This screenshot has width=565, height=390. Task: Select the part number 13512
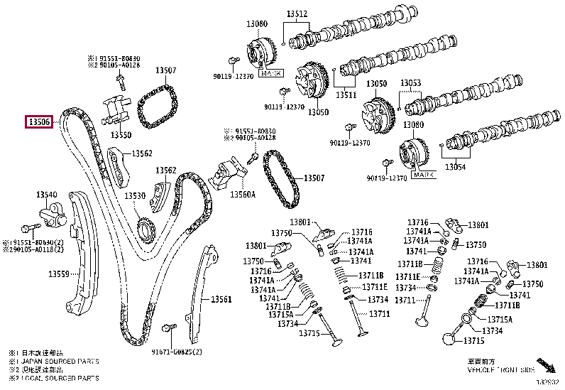pos(297,13)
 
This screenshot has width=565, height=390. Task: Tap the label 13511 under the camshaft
pos(346,94)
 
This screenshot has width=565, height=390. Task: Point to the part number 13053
pos(410,83)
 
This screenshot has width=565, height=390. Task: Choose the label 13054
pos(455,167)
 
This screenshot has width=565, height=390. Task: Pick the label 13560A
pos(241,193)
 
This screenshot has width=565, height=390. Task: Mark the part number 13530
pos(135,196)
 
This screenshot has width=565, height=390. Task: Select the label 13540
pos(47,194)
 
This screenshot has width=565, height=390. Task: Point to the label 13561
pos(221,299)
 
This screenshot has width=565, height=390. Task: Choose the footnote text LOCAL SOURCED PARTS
pos(57,378)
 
